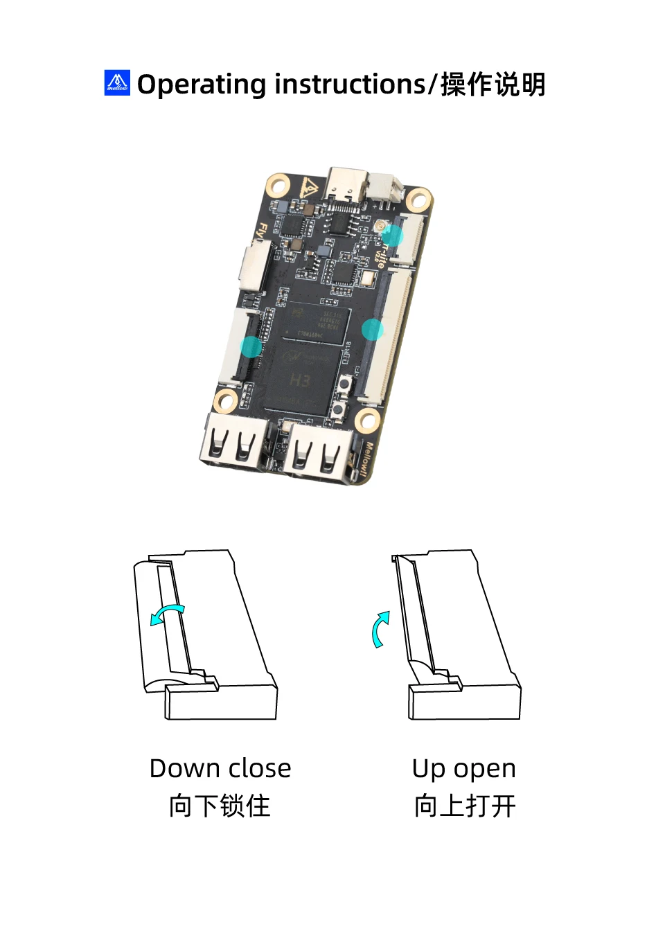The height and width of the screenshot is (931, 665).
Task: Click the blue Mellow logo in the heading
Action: click(117, 83)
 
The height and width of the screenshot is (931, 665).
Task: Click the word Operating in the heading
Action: click(202, 85)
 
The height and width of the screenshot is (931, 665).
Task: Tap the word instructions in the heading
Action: click(351, 85)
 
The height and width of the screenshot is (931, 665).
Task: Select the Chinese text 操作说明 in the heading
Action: click(493, 85)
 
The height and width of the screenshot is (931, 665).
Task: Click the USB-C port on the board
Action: click(346, 184)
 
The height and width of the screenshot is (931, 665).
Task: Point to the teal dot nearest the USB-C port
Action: click(392, 236)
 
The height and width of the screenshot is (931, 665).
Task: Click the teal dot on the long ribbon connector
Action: click(373, 330)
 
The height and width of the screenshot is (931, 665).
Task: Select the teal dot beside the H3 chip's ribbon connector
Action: click(251, 346)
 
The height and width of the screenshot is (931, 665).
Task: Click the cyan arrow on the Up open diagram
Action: click(380, 629)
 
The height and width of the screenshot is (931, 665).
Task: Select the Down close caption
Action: click(220, 768)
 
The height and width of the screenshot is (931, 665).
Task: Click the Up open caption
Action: click(463, 768)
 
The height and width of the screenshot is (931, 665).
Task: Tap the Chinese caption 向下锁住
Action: click(220, 806)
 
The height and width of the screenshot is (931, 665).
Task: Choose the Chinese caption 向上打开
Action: click(465, 806)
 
